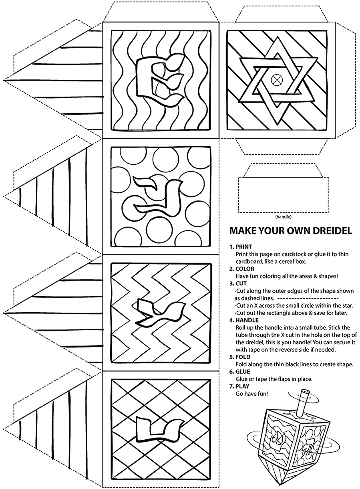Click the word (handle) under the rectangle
pyautogui.click(x=283, y=217)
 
